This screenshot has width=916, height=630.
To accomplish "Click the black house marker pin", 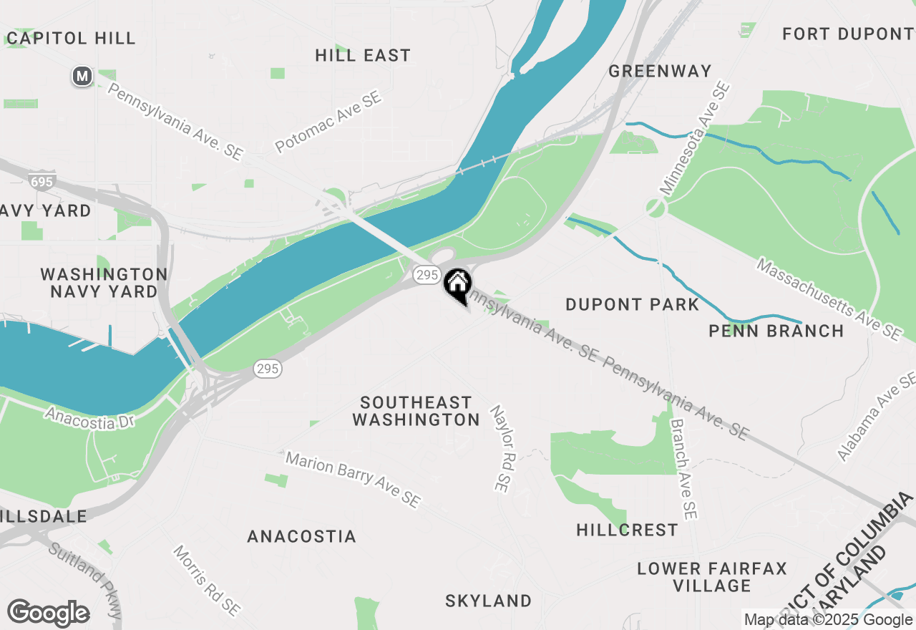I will pos(457,285).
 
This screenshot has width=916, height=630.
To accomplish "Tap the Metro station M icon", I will pos(82,76).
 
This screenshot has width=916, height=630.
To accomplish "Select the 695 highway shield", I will pos(42,182).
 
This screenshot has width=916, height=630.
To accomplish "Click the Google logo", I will pos(49,614).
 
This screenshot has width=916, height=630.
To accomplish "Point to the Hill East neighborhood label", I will pos(363,55).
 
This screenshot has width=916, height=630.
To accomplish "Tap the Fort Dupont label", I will pos(847,34).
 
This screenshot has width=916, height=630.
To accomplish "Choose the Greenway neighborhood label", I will pos(661,71).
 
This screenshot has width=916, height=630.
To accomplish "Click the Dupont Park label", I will pos(632,304).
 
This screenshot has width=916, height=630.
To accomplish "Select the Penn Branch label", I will pos(776,331).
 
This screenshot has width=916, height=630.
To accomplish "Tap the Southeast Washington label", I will pos(416,411).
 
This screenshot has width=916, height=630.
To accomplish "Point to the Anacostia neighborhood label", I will pos(301,536).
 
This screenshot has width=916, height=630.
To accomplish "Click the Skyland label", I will pos(489,601).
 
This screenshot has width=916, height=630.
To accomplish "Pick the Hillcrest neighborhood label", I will pos(628,530).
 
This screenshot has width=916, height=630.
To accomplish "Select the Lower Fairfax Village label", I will pos(712,577).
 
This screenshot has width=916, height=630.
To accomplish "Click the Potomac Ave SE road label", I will pos(328,122).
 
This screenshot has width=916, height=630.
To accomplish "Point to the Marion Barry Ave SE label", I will pos(353,479).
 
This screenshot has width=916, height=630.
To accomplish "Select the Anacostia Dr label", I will pos(89,417).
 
